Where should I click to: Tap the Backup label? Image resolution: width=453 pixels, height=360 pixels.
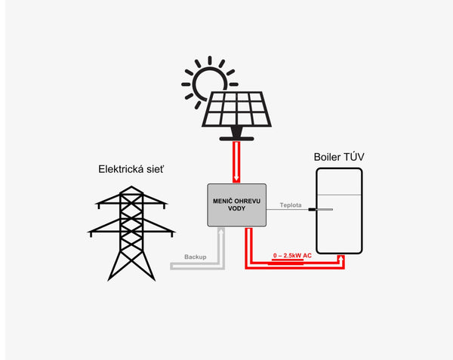(195, 257)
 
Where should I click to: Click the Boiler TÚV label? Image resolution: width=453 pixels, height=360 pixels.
(339, 157)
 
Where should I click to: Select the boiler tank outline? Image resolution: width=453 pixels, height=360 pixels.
(339, 211)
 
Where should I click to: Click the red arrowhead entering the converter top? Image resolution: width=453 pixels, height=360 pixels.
(236, 179)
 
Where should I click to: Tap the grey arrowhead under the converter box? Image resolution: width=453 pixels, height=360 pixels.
(220, 231)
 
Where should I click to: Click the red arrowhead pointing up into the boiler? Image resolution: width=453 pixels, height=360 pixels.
(344, 258)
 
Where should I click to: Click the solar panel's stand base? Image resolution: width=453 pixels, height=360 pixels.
(236, 138)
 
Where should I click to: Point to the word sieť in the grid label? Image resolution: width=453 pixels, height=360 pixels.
(154, 169)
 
